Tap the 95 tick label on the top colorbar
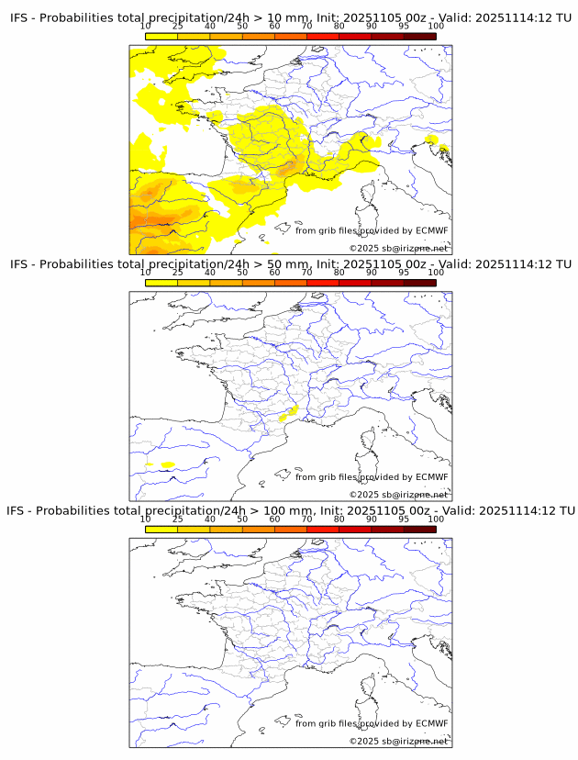click(404, 26)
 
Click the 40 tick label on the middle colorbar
click(210, 272)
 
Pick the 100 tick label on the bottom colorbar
click(436, 519)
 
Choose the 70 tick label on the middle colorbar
click(306, 272)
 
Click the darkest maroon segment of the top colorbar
click(419, 36)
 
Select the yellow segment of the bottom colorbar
click(161, 529)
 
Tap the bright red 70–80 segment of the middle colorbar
click(322, 282)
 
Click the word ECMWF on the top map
click(431, 230)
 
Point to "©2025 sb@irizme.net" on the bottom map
click(398, 741)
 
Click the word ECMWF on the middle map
click(431, 476)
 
